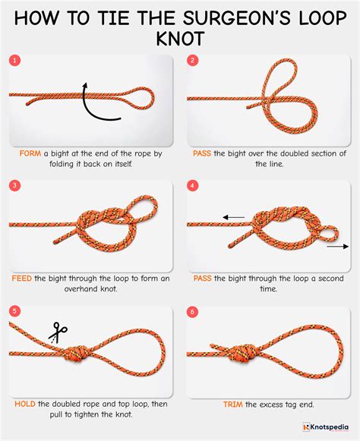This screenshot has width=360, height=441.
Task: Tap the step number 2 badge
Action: pos(193,60)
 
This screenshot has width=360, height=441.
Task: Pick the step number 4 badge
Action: pos(193,185)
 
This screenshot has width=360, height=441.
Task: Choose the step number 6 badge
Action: pos(193,310)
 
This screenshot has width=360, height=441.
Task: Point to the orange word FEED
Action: pos(22,279)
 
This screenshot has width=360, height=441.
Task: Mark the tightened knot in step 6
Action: pos(249,352)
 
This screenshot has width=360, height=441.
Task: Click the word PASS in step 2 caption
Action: pos(204,153)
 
